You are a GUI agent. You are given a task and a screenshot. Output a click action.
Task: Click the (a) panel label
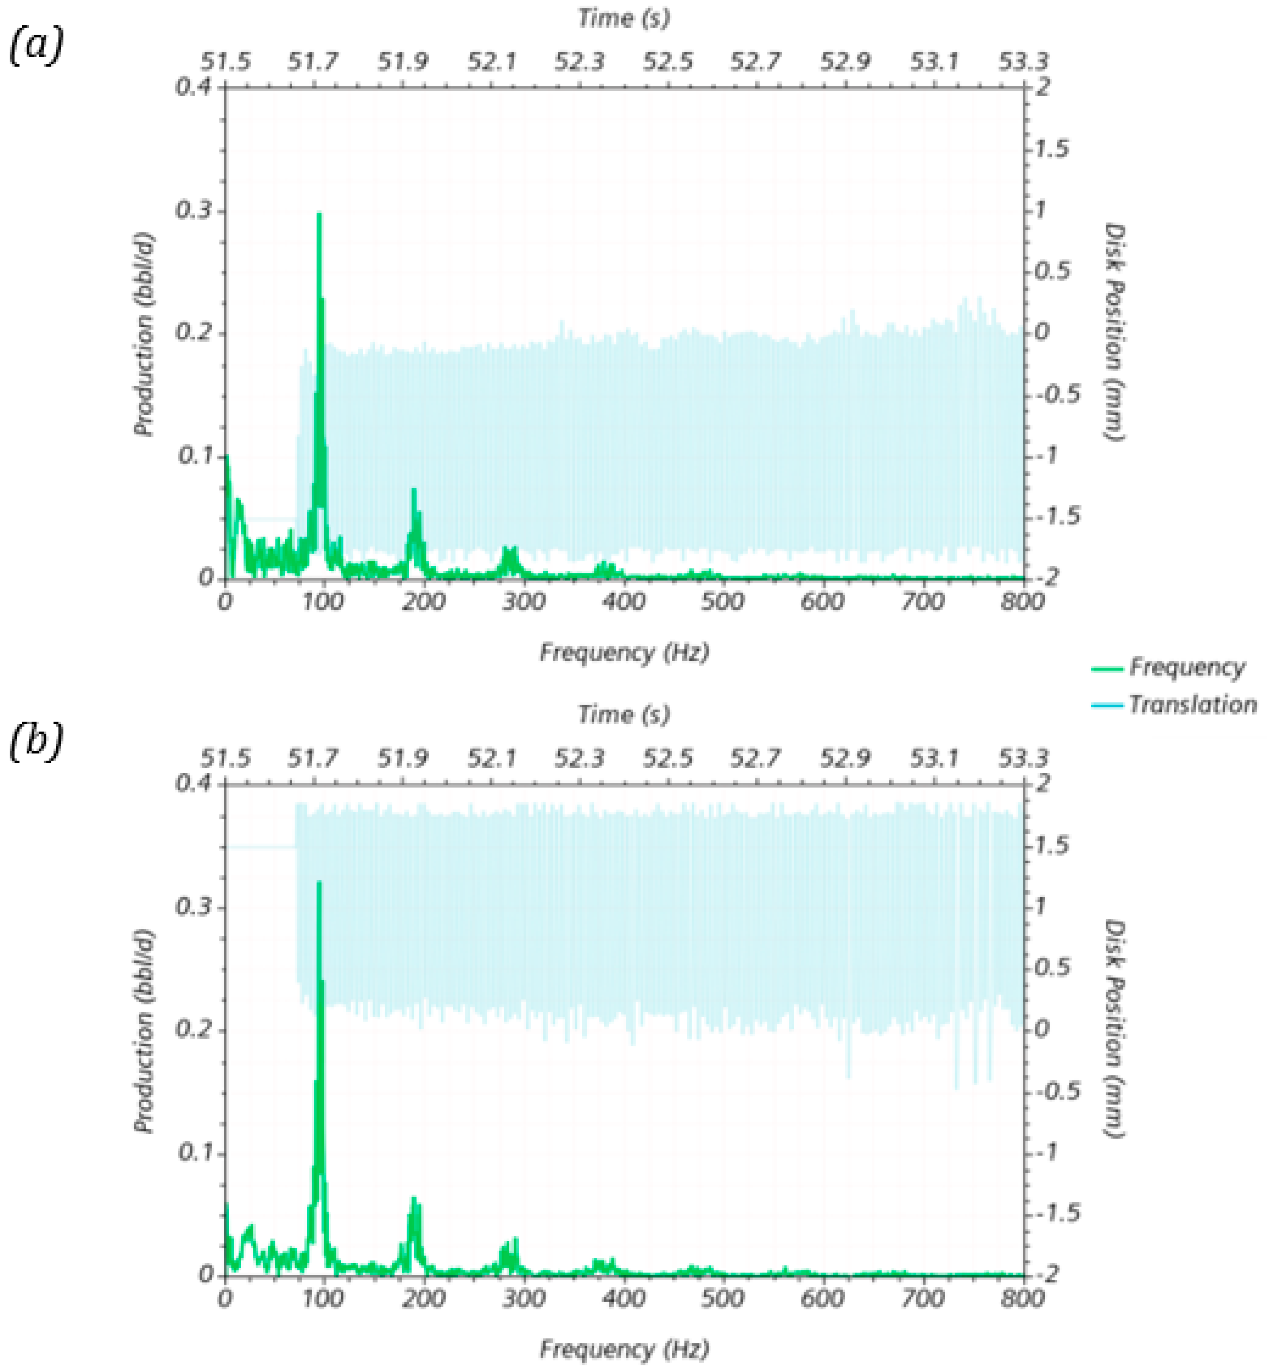pos(35,47)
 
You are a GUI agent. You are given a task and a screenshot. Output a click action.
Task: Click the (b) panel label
pos(35,743)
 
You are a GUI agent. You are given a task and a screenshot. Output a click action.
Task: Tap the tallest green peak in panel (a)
pos(319,215)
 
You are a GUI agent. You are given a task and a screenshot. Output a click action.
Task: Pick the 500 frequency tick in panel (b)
pos(723,1298)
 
